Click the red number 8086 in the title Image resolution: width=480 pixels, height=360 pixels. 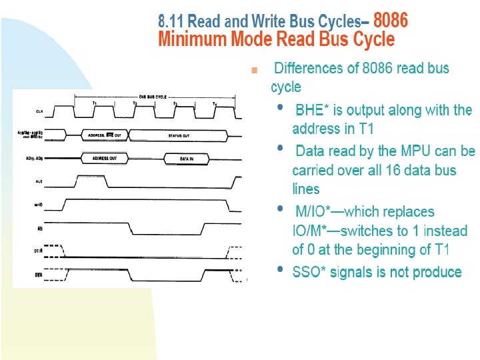pyautogui.click(x=391, y=21)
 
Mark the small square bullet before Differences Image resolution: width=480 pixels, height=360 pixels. pyautogui.click(x=253, y=69)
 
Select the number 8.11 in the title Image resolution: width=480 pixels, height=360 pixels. pyautogui.click(x=171, y=21)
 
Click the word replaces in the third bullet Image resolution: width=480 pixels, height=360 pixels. pyautogui.click(x=405, y=212)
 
